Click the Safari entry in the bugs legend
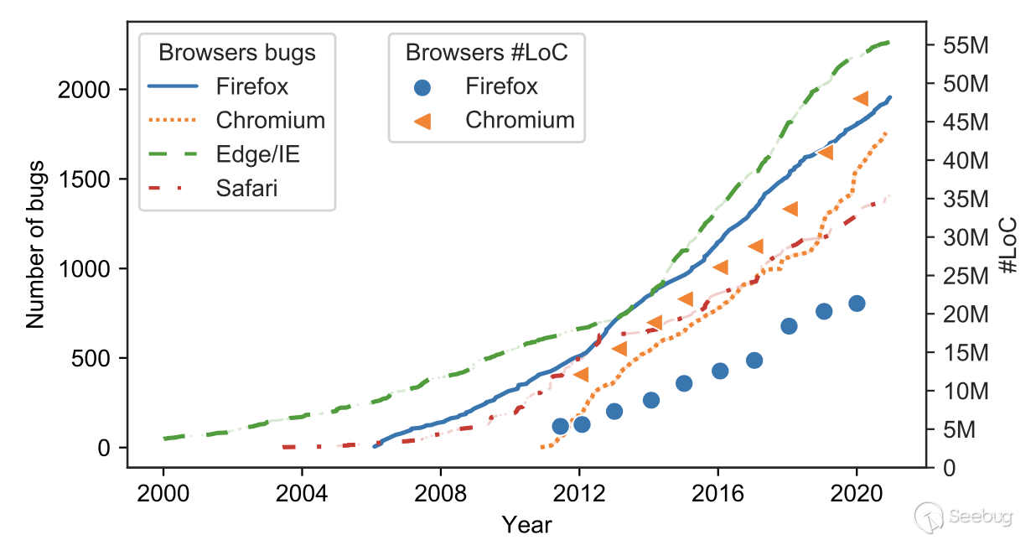(246, 188)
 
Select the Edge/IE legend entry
(257, 154)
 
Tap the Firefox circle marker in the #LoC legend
(424, 86)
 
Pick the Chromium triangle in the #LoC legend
(424, 120)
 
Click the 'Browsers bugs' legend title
(237, 53)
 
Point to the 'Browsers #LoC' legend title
(487, 53)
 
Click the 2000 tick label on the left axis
(83, 90)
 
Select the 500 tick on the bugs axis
(94, 358)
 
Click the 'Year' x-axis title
(526, 525)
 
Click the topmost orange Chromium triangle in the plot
(860, 99)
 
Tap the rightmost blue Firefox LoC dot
(857, 304)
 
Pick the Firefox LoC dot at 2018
(789, 326)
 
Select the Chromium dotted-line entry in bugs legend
(270, 120)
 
